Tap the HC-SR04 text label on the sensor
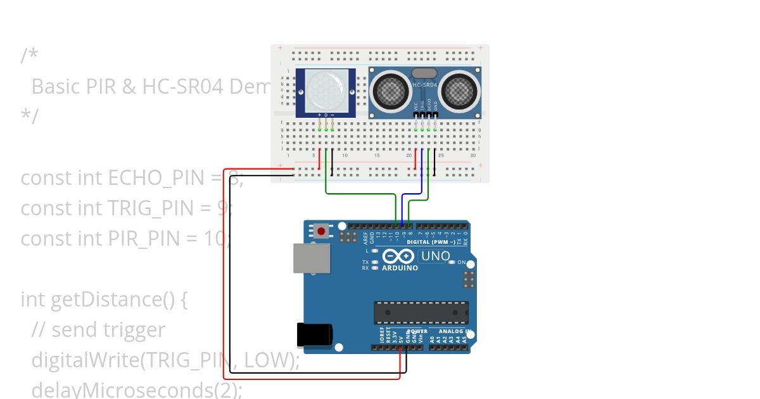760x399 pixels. point(425,84)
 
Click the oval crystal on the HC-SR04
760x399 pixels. point(424,73)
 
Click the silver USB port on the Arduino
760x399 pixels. point(311,258)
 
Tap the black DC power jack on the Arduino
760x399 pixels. point(314,336)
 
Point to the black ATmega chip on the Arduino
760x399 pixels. point(421,312)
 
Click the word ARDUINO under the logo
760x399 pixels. point(400,268)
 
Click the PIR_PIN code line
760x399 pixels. point(120,239)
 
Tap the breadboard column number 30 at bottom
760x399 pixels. point(473,155)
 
